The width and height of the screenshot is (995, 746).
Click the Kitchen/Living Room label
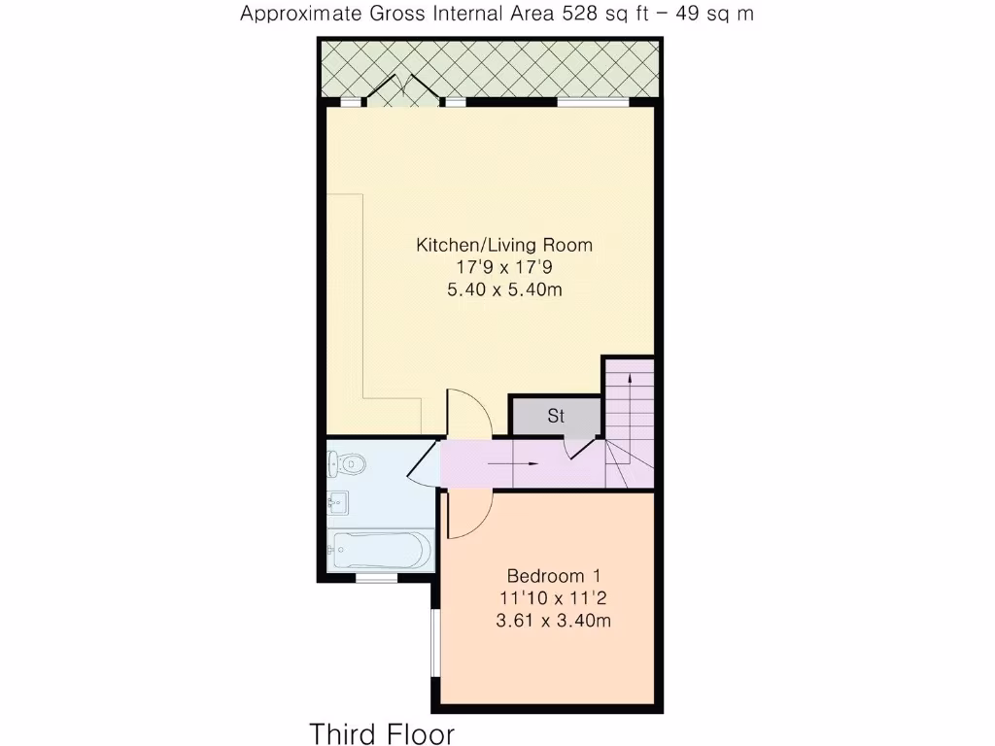(x=503, y=245)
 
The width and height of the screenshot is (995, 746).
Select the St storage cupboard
(x=556, y=417)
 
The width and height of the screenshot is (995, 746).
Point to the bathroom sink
(x=338, y=503)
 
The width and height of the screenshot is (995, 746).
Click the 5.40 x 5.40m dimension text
(x=503, y=289)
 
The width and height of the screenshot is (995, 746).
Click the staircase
(x=630, y=423)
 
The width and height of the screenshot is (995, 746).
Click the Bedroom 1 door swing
(x=467, y=513)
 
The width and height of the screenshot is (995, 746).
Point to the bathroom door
(x=425, y=463)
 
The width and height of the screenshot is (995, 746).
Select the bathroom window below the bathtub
(x=376, y=578)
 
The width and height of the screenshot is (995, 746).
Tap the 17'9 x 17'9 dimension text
(x=503, y=267)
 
